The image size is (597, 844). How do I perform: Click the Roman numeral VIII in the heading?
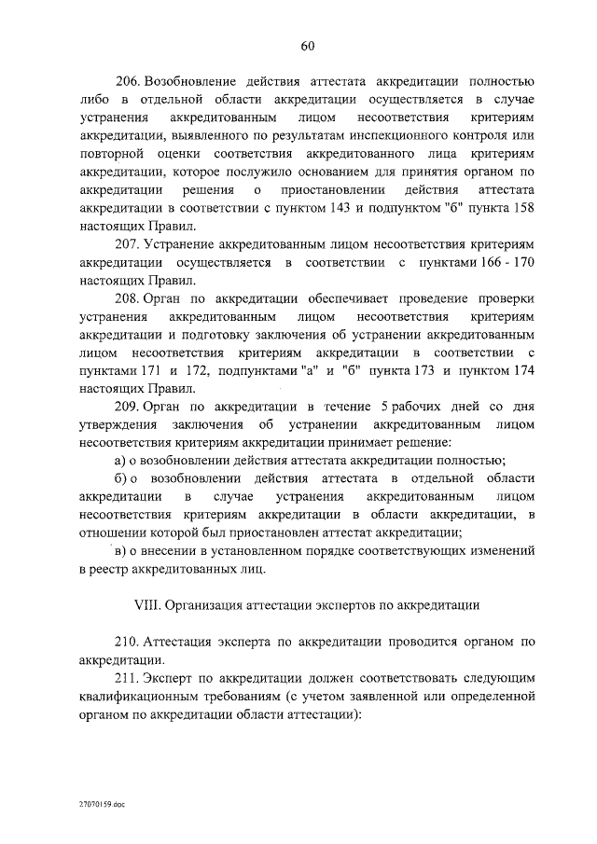(148, 604)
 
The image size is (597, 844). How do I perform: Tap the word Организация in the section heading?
(208, 604)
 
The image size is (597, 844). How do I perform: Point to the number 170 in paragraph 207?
(521, 263)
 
